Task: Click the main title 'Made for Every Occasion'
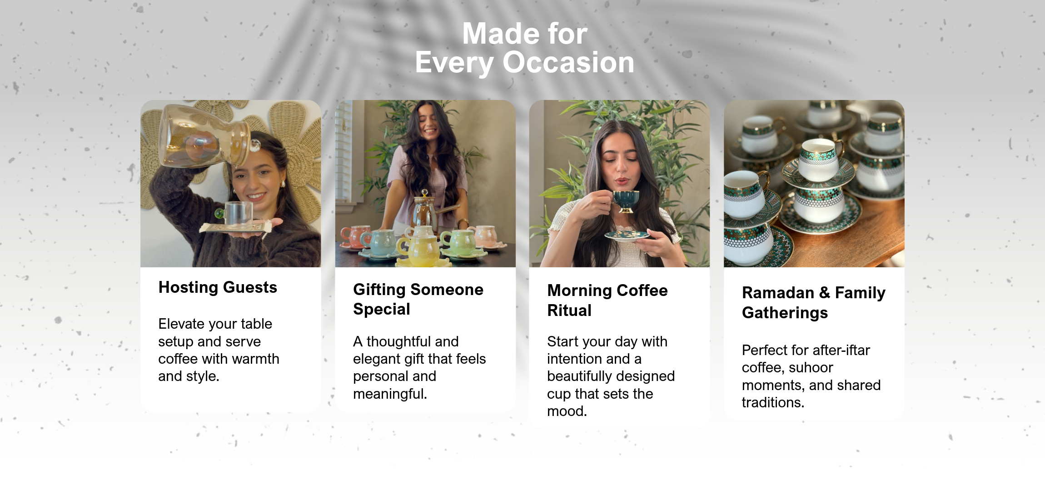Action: click(x=525, y=48)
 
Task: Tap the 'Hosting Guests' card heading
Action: click(x=218, y=287)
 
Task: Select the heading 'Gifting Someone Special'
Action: click(x=418, y=299)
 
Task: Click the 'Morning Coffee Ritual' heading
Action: click(x=607, y=301)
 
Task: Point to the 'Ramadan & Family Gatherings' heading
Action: click(x=814, y=303)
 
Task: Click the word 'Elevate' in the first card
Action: click(x=181, y=324)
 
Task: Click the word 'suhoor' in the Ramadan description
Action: click(x=811, y=367)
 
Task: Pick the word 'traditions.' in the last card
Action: click(x=773, y=402)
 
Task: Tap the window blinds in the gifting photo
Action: click(x=343, y=150)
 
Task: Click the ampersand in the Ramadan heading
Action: click(x=824, y=293)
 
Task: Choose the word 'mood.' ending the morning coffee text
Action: click(x=567, y=411)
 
